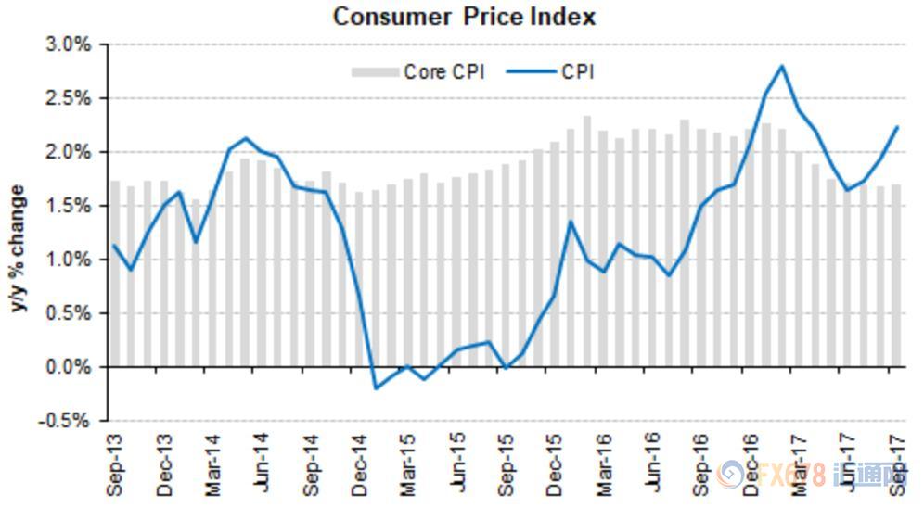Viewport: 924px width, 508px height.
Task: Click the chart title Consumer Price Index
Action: [x=464, y=16]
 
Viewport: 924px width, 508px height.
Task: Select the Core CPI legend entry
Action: [x=417, y=71]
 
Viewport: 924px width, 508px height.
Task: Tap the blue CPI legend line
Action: [x=532, y=71]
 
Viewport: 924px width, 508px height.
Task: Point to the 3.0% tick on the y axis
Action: [x=68, y=44]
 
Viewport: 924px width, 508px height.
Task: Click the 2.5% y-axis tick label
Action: [x=68, y=98]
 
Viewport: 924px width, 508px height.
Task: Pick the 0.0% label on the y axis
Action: [x=68, y=367]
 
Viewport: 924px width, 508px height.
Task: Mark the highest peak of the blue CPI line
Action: [x=782, y=65]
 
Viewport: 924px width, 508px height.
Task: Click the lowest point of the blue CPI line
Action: [x=376, y=388]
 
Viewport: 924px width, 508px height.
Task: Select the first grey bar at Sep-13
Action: [x=115, y=273]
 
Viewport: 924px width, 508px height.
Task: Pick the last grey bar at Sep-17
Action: [x=896, y=275]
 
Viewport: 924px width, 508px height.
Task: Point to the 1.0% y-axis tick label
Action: [x=68, y=260]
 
